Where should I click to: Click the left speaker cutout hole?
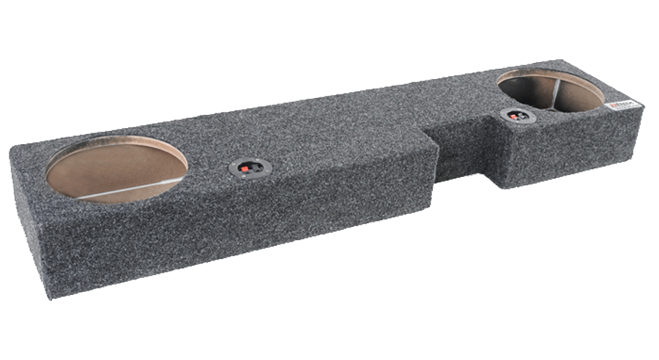click(x=116, y=168)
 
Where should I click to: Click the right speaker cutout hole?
click(x=550, y=91)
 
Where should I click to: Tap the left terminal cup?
click(x=247, y=168)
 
